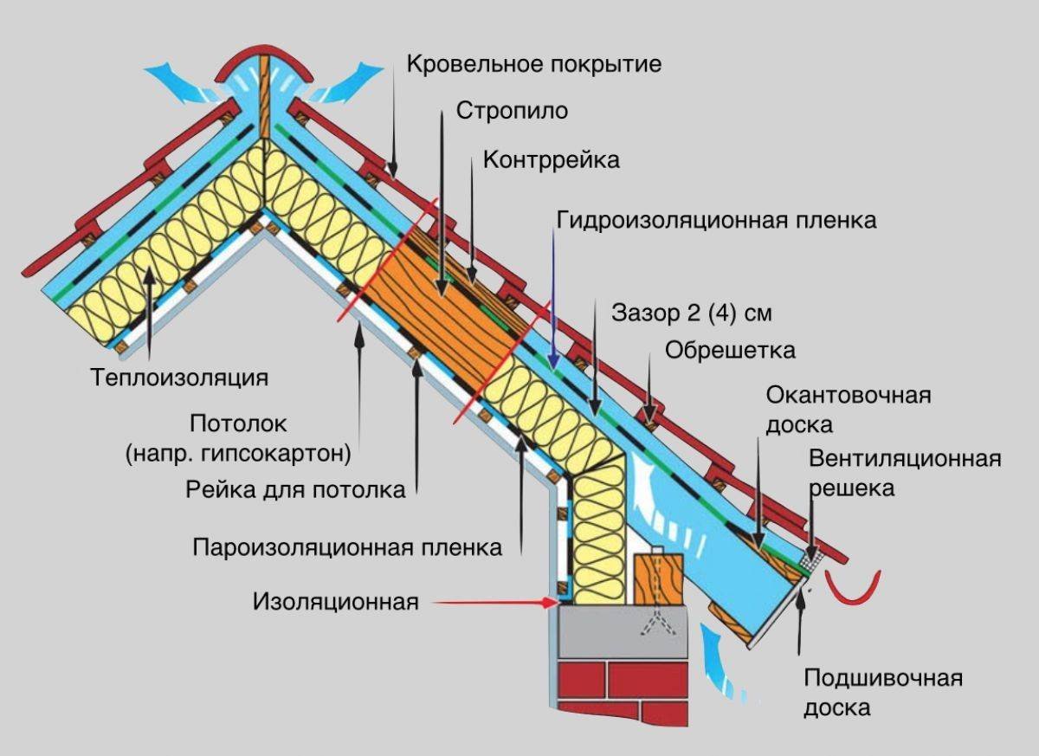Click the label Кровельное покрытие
[x=533, y=64]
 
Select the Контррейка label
[x=552, y=159]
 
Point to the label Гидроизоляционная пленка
[x=716, y=220]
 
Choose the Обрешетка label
[x=730, y=351]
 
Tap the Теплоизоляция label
[x=179, y=378]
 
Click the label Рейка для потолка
[x=295, y=489]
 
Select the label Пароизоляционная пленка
[x=347, y=547]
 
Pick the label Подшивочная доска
[x=882, y=692]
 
